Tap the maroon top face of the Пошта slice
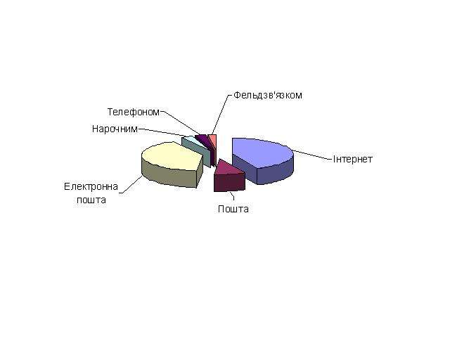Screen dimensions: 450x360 click(228, 168)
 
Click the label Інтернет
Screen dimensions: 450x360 click(352, 159)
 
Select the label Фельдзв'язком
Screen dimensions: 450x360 click(267, 95)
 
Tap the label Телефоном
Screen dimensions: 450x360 click(133, 112)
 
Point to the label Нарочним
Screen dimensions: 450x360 click(115, 129)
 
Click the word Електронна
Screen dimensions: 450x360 click(91, 186)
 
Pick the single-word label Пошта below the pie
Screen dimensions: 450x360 click(233, 209)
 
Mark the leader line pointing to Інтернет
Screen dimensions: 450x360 click(312, 155)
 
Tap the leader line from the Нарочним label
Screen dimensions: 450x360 click(164, 132)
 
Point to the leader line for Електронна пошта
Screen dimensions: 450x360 click(131, 185)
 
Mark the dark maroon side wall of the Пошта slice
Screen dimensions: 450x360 click(229, 182)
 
